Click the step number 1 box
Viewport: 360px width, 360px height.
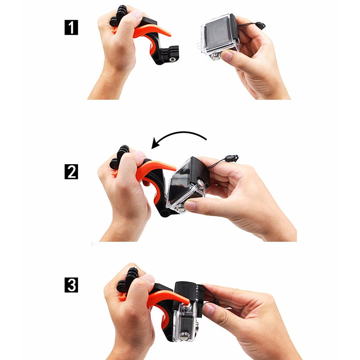tap(71, 27)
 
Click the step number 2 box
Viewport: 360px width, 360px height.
tap(71, 171)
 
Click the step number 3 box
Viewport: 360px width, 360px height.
tap(71, 285)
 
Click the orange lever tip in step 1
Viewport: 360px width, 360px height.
tap(168, 35)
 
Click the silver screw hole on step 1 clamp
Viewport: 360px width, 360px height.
tap(171, 59)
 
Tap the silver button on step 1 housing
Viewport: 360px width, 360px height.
tap(216, 58)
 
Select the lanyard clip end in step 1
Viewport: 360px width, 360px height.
tap(261, 25)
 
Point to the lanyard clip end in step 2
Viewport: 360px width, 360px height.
tap(232, 158)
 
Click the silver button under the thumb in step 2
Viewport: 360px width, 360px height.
tap(182, 209)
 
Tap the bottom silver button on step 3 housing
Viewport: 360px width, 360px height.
tap(184, 336)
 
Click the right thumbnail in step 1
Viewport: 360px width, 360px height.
tap(227, 55)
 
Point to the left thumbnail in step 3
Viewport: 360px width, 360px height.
tap(148, 278)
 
